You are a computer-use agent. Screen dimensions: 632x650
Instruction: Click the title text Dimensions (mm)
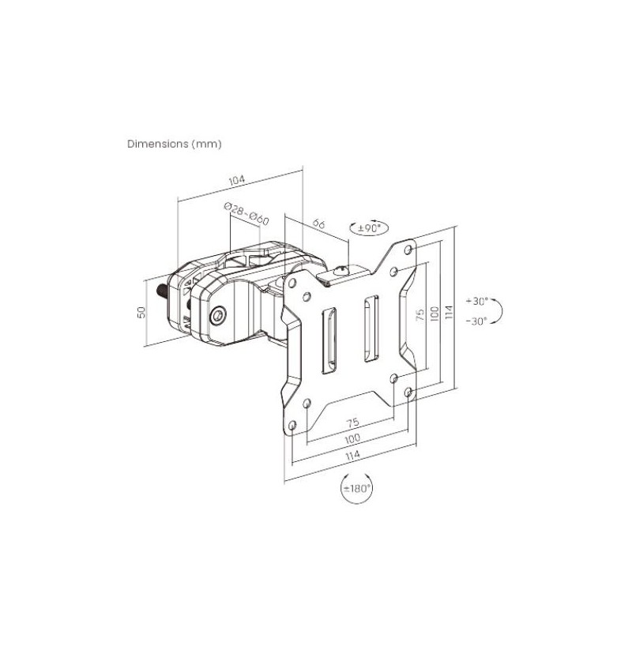tap(174, 144)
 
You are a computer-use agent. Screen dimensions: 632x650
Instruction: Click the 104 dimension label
tap(237, 180)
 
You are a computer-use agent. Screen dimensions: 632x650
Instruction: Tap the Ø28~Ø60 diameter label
tap(246, 213)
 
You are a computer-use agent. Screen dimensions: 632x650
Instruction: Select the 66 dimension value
tap(318, 224)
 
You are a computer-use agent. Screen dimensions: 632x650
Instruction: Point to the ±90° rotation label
tap(369, 227)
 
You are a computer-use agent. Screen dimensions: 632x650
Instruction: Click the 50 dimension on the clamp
tap(142, 312)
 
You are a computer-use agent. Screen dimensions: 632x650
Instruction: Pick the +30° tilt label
tap(477, 301)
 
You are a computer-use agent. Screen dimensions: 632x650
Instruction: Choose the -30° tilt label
tap(477, 321)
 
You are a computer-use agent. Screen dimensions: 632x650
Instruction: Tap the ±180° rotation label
tap(356, 488)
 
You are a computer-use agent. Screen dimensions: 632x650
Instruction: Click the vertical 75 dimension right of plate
tap(420, 314)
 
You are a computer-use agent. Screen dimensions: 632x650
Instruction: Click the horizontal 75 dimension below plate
tap(353, 423)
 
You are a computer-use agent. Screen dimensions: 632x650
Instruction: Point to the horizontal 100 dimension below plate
tap(352, 438)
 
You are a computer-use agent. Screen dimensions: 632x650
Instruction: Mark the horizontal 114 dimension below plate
tap(352, 455)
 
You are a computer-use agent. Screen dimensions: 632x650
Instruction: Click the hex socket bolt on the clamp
tap(218, 316)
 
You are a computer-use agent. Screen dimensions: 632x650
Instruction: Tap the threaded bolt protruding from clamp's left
tap(162, 291)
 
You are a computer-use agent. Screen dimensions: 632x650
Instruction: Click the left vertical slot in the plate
tap(329, 340)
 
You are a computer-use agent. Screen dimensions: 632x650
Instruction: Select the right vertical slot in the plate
tap(371, 328)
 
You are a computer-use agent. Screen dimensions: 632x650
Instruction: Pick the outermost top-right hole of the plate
tap(408, 249)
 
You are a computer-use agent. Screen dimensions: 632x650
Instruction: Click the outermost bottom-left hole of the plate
tap(292, 425)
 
